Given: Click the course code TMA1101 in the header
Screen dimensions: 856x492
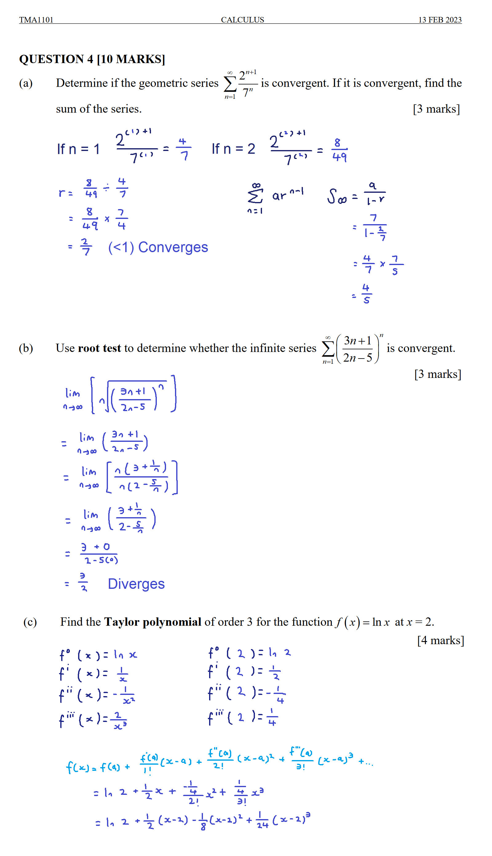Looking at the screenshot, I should (x=36, y=20).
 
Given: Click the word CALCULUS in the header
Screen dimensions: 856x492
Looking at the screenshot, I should (x=242, y=20).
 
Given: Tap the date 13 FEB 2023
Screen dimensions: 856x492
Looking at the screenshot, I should (x=440, y=20).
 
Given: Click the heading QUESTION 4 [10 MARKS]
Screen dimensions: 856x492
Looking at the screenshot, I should (x=92, y=59).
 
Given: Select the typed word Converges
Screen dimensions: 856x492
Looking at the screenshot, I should (x=173, y=247).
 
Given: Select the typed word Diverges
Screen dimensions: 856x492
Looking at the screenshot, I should (x=136, y=584).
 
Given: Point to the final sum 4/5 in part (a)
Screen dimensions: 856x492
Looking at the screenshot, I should (x=366, y=294).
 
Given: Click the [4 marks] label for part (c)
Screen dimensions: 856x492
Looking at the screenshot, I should (x=440, y=640).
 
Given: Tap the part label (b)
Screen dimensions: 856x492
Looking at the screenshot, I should (x=26, y=348).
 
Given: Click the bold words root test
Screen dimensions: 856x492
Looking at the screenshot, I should (x=99, y=348).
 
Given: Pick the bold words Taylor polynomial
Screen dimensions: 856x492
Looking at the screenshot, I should (x=153, y=622).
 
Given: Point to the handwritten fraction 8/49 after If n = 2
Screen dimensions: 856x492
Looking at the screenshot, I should (x=339, y=150).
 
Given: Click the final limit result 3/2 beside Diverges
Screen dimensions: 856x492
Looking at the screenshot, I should (x=83, y=582).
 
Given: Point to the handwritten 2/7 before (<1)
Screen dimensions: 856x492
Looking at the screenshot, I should (x=86, y=247).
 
